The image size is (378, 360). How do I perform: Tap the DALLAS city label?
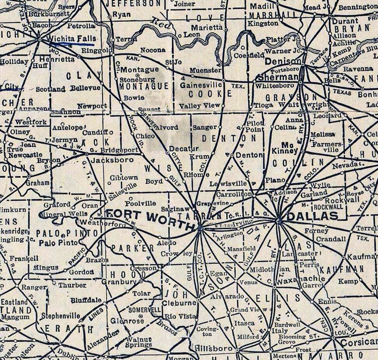pyautogui.click(x=312, y=216)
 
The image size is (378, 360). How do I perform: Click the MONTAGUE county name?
pyautogui.click(x=144, y=86)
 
